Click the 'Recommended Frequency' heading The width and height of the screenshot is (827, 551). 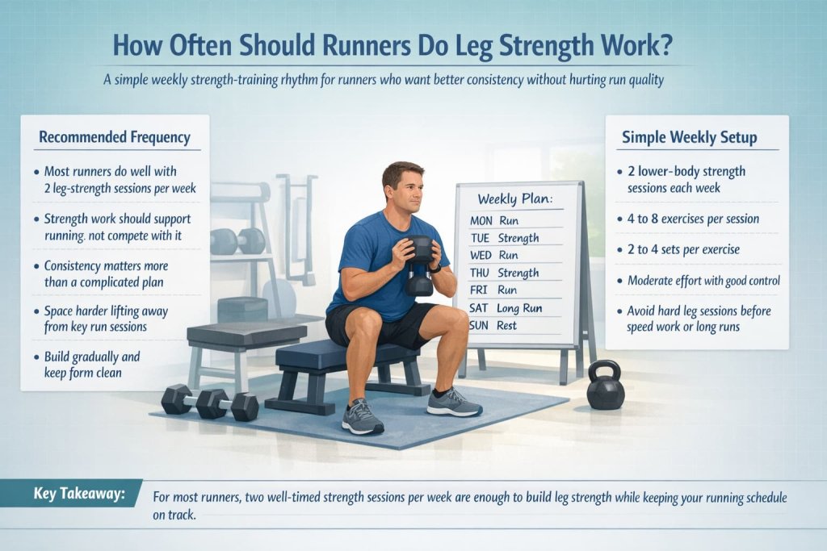[x=115, y=137]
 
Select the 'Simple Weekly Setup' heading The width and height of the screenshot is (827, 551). [x=689, y=137]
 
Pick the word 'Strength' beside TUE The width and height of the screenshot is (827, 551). [x=518, y=237]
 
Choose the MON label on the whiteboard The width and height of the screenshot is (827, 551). [x=481, y=219]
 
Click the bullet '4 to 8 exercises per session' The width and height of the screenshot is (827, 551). [x=693, y=219]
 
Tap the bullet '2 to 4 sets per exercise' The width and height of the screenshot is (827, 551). [x=683, y=249]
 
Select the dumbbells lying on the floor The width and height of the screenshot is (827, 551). [x=209, y=402]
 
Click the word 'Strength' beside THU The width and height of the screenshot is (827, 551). [x=518, y=273]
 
